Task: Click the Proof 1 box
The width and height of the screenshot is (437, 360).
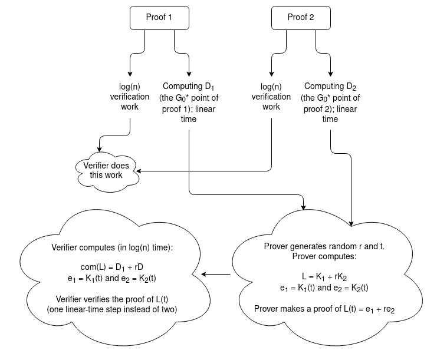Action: (x=159, y=18)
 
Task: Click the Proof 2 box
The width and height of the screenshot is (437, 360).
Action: (x=300, y=18)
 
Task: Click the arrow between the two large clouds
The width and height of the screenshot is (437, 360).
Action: (x=215, y=275)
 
